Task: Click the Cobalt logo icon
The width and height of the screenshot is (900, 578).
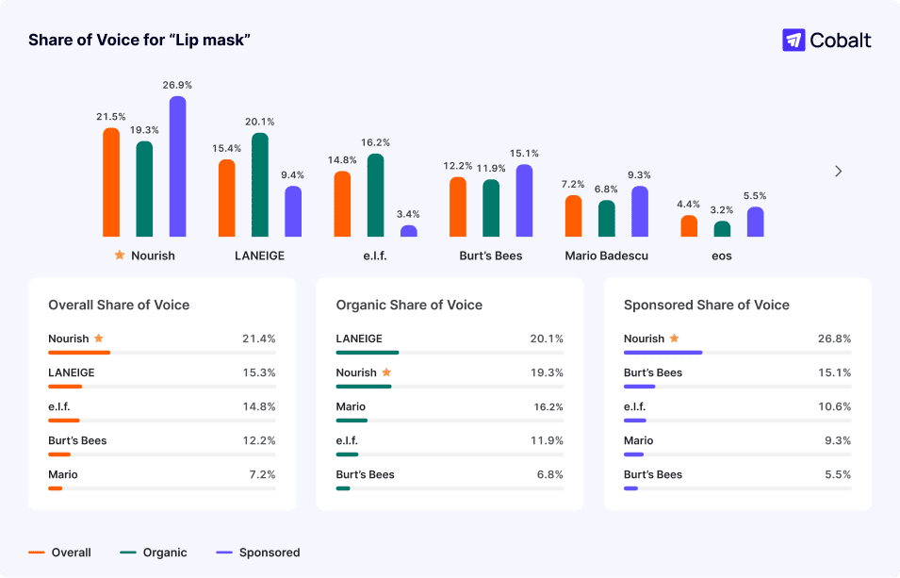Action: tap(794, 40)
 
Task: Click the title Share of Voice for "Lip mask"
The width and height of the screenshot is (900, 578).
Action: tap(139, 40)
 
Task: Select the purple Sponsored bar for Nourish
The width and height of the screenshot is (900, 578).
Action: tap(177, 166)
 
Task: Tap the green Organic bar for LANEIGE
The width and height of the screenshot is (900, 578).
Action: tap(260, 185)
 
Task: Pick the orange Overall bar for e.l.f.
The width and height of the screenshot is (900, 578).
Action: tap(342, 204)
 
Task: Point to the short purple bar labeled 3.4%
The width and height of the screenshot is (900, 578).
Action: tap(408, 230)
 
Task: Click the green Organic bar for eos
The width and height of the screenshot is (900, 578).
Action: tap(722, 228)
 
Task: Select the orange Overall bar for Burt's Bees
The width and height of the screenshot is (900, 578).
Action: tap(458, 206)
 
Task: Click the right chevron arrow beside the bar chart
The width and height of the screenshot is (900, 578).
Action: tap(838, 172)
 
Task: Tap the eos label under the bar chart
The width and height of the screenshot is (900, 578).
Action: tap(722, 256)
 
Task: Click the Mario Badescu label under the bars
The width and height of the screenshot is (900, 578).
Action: tap(606, 256)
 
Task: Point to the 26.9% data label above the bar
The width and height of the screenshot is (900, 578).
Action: tap(177, 85)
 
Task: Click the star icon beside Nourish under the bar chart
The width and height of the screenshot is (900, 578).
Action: tap(119, 256)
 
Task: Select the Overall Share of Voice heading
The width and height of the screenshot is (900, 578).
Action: tap(119, 305)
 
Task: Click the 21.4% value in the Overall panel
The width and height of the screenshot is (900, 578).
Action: tap(259, 339)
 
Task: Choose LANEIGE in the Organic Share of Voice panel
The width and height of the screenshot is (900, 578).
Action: tap(359, 339)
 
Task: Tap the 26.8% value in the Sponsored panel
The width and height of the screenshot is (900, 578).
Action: tap(834, 339)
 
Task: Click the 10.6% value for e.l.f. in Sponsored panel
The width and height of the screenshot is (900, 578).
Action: tap(834, 406)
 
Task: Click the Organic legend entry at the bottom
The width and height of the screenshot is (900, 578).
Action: tap(164, 553)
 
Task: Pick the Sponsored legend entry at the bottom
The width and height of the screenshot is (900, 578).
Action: tap(269, 553)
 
